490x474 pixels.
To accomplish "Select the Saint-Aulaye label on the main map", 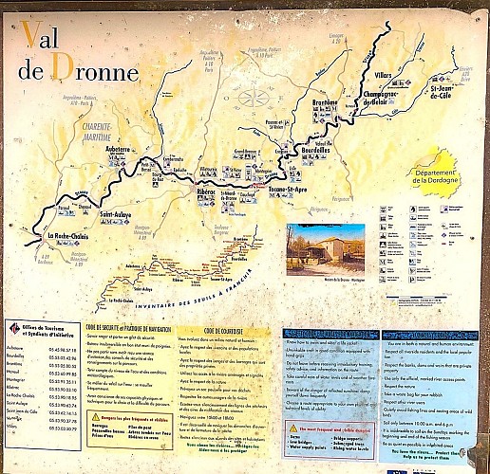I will [x=122, y=215].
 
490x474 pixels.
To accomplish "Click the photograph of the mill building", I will [x=324, y=248].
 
